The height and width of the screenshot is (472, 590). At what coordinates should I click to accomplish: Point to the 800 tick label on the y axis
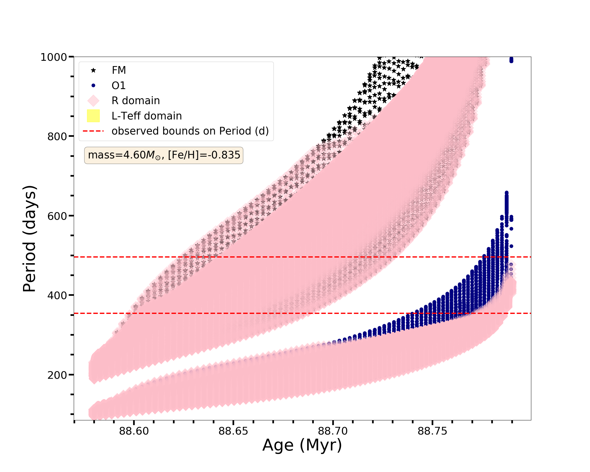(57, 136)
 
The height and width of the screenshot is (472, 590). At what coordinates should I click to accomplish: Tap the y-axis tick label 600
(57, 216)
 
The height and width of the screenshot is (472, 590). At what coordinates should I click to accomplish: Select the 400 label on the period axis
(57, 295)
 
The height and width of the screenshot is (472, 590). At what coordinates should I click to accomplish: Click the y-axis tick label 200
(57, 375)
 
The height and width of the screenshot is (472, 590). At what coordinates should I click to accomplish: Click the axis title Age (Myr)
(302, 445)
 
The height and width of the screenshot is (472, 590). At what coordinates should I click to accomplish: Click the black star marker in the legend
(93, 70)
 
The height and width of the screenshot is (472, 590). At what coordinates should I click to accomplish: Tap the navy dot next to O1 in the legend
(93, 86)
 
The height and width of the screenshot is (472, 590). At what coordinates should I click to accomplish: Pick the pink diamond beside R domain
(93, 101)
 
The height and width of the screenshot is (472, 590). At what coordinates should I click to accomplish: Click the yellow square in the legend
(93, 116)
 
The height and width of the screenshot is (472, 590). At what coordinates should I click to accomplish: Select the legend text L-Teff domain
(147, 116)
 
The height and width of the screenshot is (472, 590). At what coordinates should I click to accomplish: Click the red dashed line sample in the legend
(93, 131)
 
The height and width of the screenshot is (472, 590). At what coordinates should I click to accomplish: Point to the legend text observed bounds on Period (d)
(190, 131)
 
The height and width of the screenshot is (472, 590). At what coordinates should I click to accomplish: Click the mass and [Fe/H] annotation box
(164, 155)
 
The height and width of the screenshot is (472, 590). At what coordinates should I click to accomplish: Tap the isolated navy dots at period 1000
(511, 60)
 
